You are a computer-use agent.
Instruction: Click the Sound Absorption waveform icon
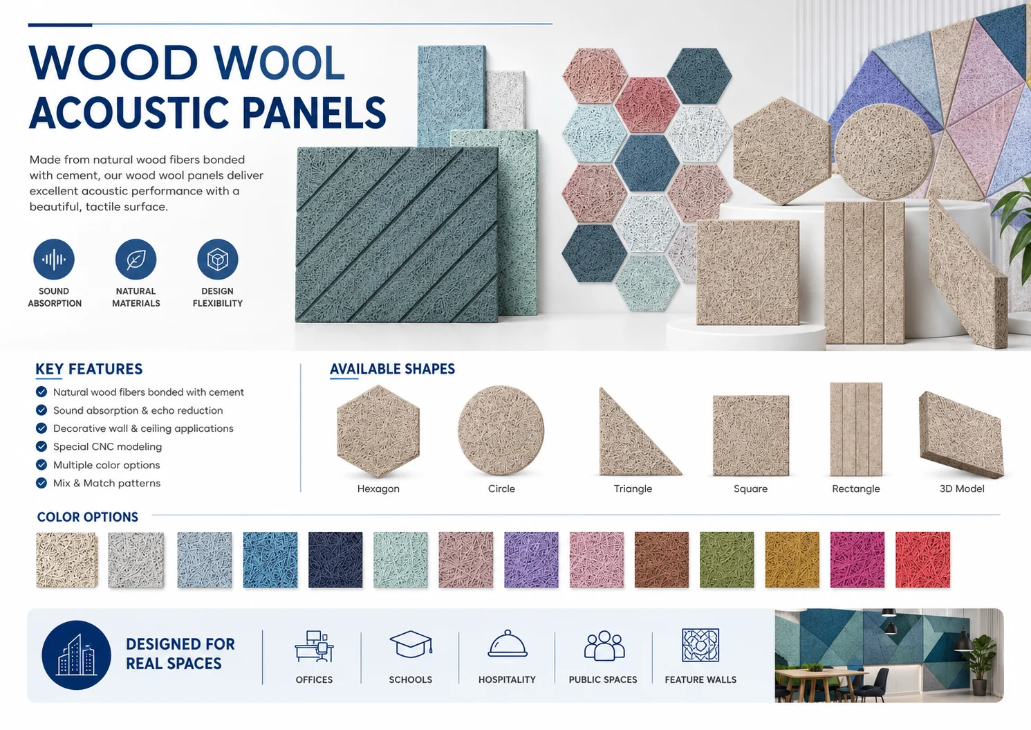(x=54, y=259)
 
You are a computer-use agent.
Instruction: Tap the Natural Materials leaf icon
(x=136, y=259)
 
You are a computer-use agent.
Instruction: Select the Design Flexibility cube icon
(x=218, y=259)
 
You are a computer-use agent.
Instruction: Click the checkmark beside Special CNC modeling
(x=41, y=446)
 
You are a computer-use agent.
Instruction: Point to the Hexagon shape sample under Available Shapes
(x=378, y=431)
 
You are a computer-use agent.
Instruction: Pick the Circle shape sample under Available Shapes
(x=501, y=430)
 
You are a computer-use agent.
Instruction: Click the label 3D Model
(x=962, y=489)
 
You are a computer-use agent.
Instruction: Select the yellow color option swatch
(x=792, y=560)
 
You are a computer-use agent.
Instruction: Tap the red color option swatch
(x=923, y=560)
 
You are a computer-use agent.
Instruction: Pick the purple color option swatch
(x=531, y=560)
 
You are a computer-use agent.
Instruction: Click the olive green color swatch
(x=727, y=560)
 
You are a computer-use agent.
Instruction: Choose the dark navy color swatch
(x=335, y=560)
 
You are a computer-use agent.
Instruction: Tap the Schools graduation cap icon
(x=411, y=644)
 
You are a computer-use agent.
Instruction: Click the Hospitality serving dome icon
(x=508, y=643)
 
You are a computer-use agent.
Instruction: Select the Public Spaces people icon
(x=604, y=645)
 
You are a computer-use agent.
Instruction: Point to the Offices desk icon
(x=315, y=646)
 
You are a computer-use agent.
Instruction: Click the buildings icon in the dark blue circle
(x=76, y=655)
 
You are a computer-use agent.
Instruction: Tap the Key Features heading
(x=89, y=369)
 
